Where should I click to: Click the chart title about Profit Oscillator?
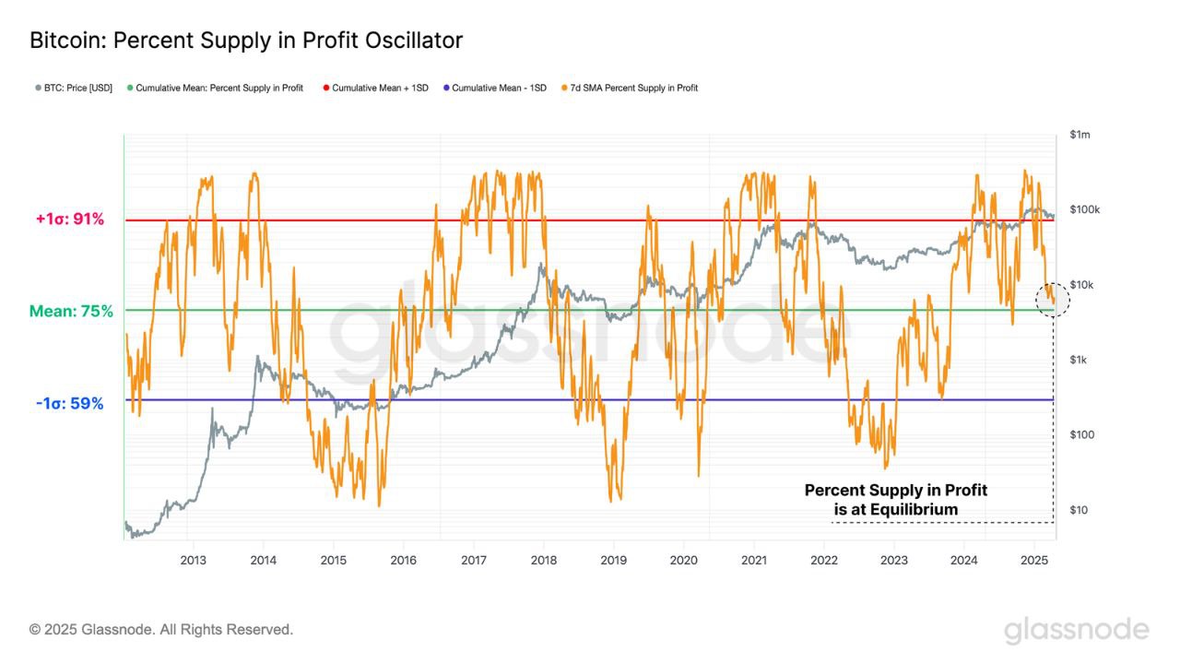pos(246,41)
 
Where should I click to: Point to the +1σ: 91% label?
pos(70,219)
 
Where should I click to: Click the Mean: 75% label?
pos(71,312)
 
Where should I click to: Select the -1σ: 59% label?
pos(70,404)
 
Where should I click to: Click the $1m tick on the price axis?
pos(1080,135)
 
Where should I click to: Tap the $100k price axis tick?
pos(1084,210)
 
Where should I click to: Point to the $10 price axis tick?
pos(1078,510)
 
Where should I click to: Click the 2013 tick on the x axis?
pos(193,560)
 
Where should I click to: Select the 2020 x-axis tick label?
pos(683,560)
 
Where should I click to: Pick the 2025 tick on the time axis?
pos(1033,560)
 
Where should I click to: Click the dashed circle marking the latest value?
pos(1053,300)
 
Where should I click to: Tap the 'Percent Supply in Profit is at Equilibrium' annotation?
pos(895,500)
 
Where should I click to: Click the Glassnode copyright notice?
pos(161,630)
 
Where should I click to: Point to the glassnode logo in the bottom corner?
pos(1076,631)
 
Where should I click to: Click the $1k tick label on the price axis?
pos(1078,360)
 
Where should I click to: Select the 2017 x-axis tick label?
pos(473,560)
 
